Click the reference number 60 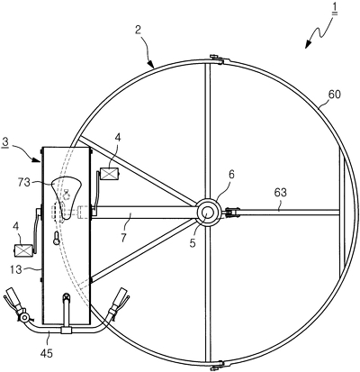coord(334,95)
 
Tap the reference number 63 coord(280,193)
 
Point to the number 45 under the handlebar coord(46,353)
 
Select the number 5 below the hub coord(193,242)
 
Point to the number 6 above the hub coord(233,175)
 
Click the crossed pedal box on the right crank coord(110,173)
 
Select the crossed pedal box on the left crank coord(23,250)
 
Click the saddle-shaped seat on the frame coord(67,196)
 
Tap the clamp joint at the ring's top coord(217,59)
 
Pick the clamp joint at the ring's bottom coord(217,364)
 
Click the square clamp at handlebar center coord(67,330)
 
